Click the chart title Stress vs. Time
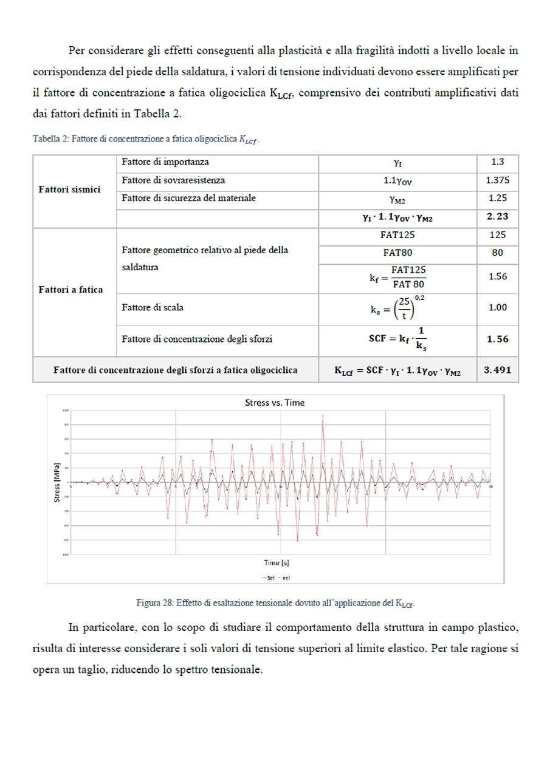coord(275,402)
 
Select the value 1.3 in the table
coord(497,163)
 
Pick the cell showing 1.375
coord(497,180)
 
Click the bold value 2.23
coord(497,217)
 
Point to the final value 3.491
coord(497,370)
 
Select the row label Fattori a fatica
coord(71,290)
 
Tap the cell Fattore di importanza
coord(165,162)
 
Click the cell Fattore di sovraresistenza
coord(173,180)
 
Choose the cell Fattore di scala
coord(153,308)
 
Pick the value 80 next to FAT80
coord(497,253)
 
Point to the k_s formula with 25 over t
coord(397,308)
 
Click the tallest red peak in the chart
coord(323,417)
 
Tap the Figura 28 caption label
coord(279,603)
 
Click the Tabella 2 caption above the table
coord(146,139)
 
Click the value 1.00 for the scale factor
coord(497,308)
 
